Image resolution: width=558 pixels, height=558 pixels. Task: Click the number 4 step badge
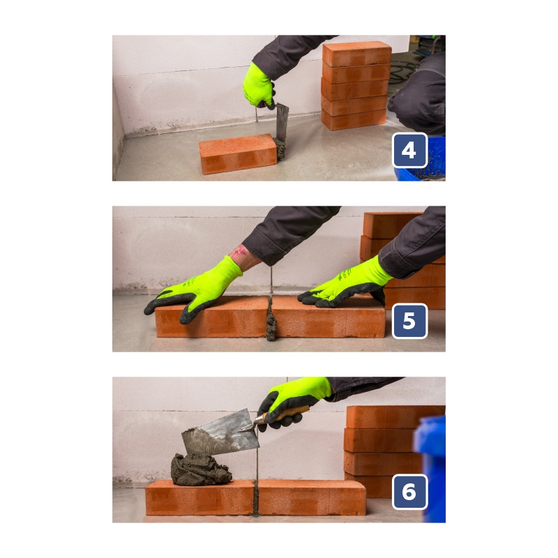pos(409,150)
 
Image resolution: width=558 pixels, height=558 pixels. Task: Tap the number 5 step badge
pos(409,321)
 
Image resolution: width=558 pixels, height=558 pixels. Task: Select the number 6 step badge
pos(409,492)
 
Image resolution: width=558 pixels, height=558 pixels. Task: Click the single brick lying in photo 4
pos(238,154)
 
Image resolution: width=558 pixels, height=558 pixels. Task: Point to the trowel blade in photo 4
pos(282,123)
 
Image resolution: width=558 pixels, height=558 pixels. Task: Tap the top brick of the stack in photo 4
pos(357,54)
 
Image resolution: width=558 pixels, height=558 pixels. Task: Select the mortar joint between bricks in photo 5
pos(271,318)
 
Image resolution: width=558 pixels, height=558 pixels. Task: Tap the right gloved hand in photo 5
pos(345,285)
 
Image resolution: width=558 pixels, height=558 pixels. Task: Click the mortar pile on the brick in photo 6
pos(200,469)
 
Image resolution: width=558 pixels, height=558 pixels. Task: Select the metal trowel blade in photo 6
pos(220,433)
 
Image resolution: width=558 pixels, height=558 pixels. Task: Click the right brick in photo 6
pos(311,497)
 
